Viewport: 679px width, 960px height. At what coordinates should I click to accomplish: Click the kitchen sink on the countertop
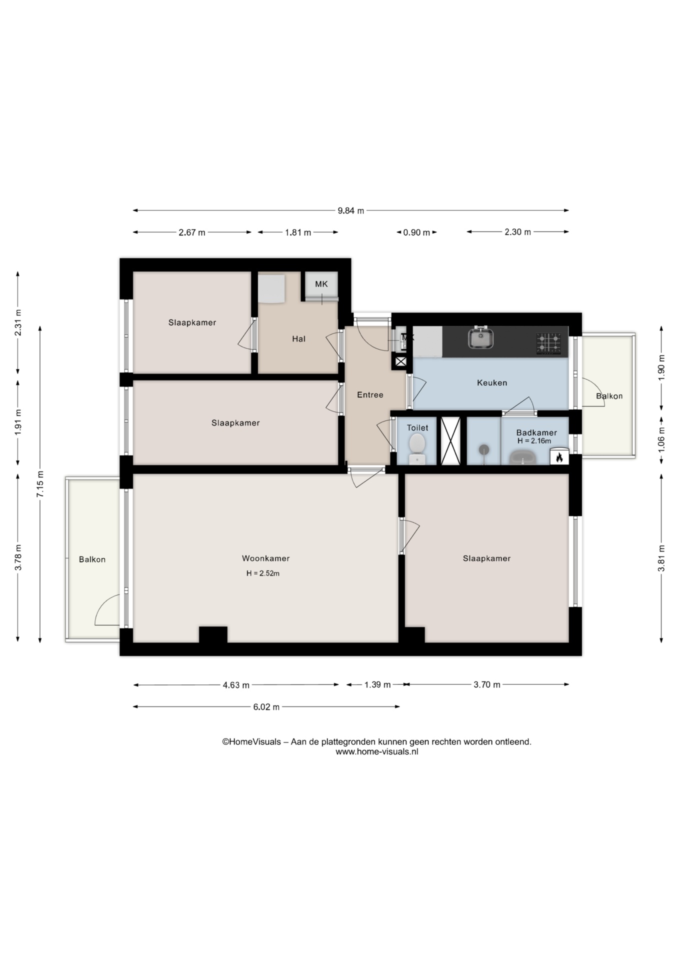point(481,338)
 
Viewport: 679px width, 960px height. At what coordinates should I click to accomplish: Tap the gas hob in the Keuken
point(548,343)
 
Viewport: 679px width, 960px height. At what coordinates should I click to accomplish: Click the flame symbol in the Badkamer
point(559,457)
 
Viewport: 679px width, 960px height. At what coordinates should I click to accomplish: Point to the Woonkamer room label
point(265,558)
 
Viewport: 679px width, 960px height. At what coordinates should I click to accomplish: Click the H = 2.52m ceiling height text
point(263,573)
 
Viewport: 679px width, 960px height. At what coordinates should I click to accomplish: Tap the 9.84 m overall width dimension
point(350,210)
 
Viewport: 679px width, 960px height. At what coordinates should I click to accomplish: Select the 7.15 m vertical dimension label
point(40,483)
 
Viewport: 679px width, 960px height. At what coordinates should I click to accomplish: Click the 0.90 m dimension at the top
point(416,232)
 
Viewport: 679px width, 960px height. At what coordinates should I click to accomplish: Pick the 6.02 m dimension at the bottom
point(266,707)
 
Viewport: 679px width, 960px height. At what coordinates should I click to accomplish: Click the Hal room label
point(298,339)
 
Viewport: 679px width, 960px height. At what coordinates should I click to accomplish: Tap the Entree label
point(370,395)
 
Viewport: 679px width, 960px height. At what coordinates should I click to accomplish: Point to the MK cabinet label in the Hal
point(321,284)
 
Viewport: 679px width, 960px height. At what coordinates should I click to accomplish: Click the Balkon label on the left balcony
point(92,559)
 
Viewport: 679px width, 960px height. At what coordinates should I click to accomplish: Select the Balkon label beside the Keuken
point(609,396)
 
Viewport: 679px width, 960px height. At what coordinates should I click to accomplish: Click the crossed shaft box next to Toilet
point(450,440)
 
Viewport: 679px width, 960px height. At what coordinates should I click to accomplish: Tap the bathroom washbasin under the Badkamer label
point(522,457)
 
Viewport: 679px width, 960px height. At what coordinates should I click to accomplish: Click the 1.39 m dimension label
point(377,685)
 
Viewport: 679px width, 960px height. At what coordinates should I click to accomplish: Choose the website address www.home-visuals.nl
point(376,751)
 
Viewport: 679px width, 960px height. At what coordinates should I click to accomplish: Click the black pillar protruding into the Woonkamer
point(213,634)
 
